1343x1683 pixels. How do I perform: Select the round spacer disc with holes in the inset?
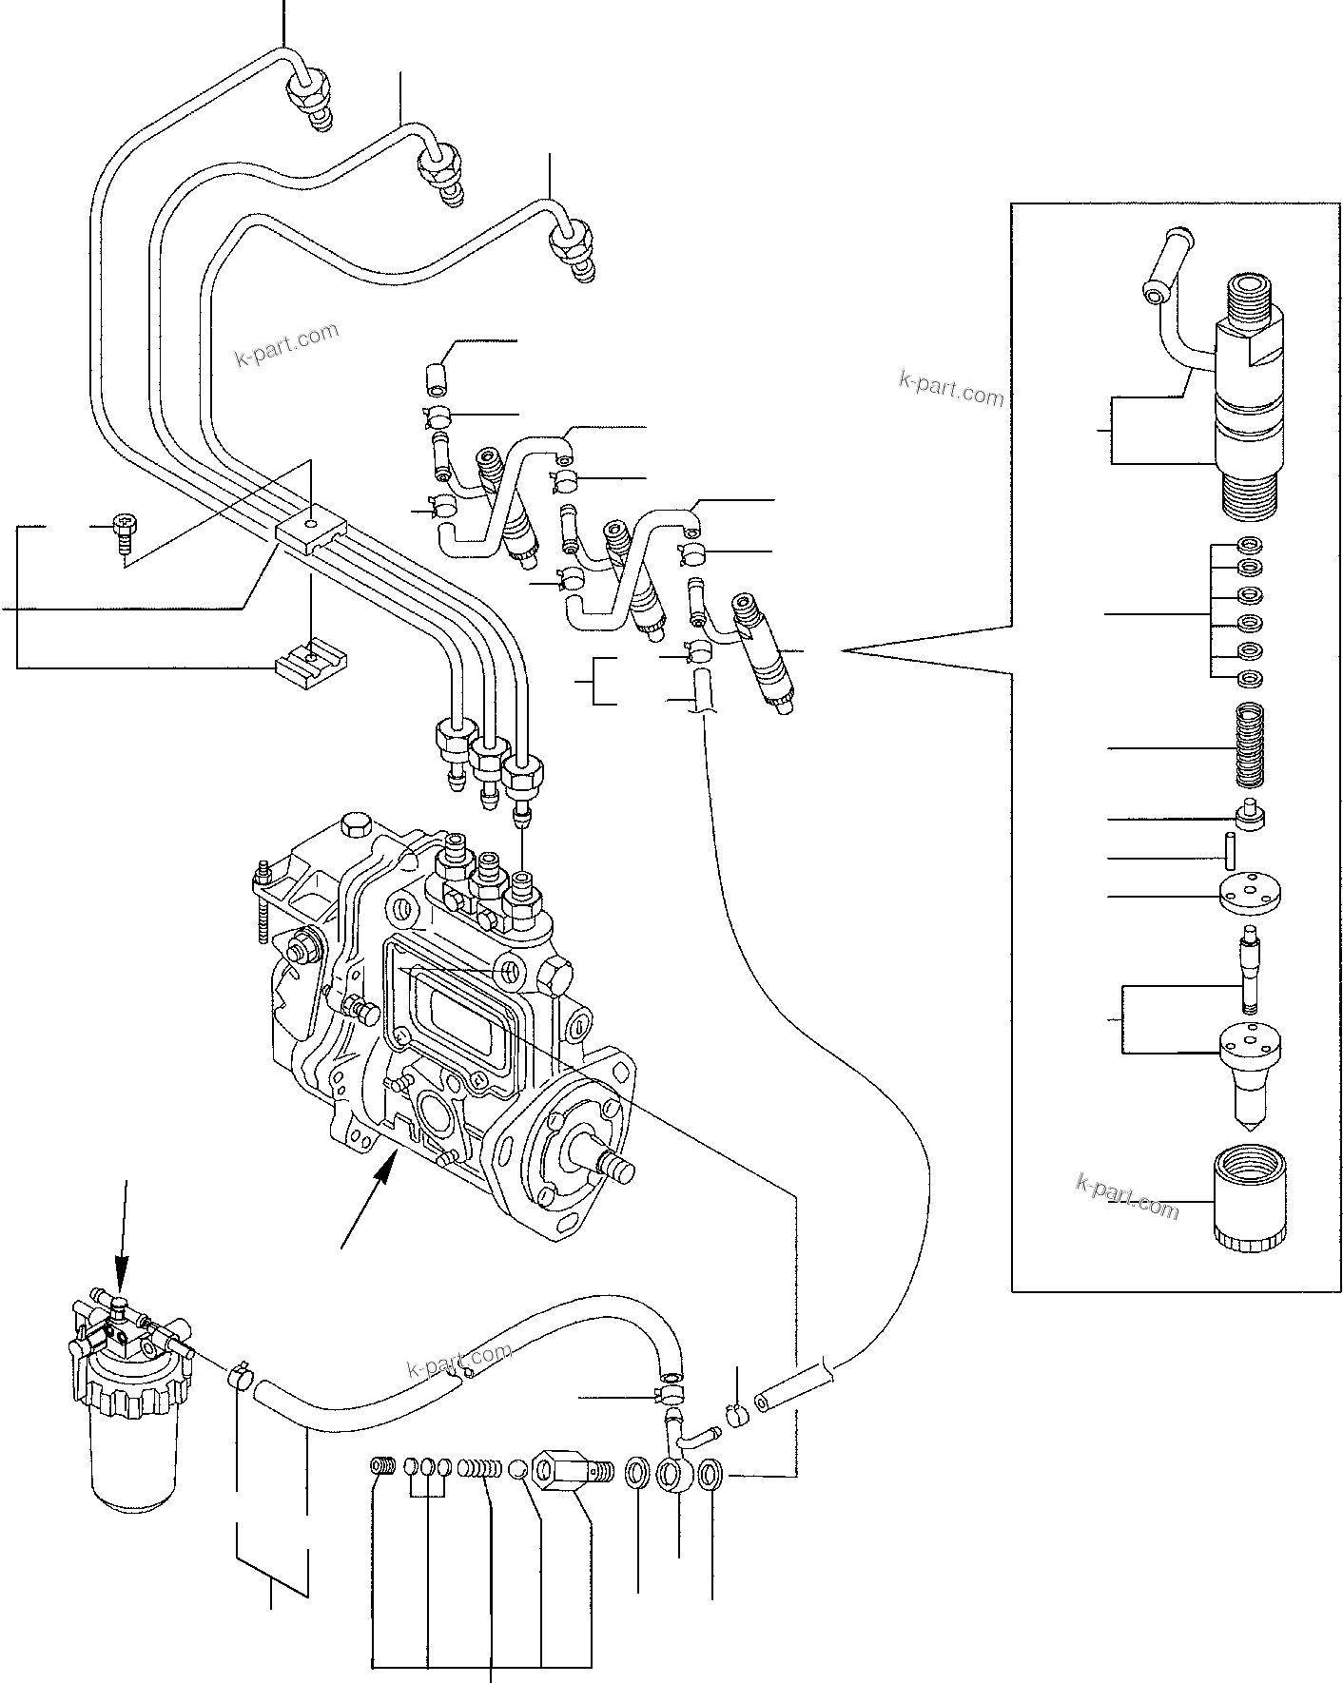coord(1250,895)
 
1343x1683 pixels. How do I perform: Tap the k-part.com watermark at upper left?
coord(286,346)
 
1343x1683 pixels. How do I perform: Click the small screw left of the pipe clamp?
coord(123,532)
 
